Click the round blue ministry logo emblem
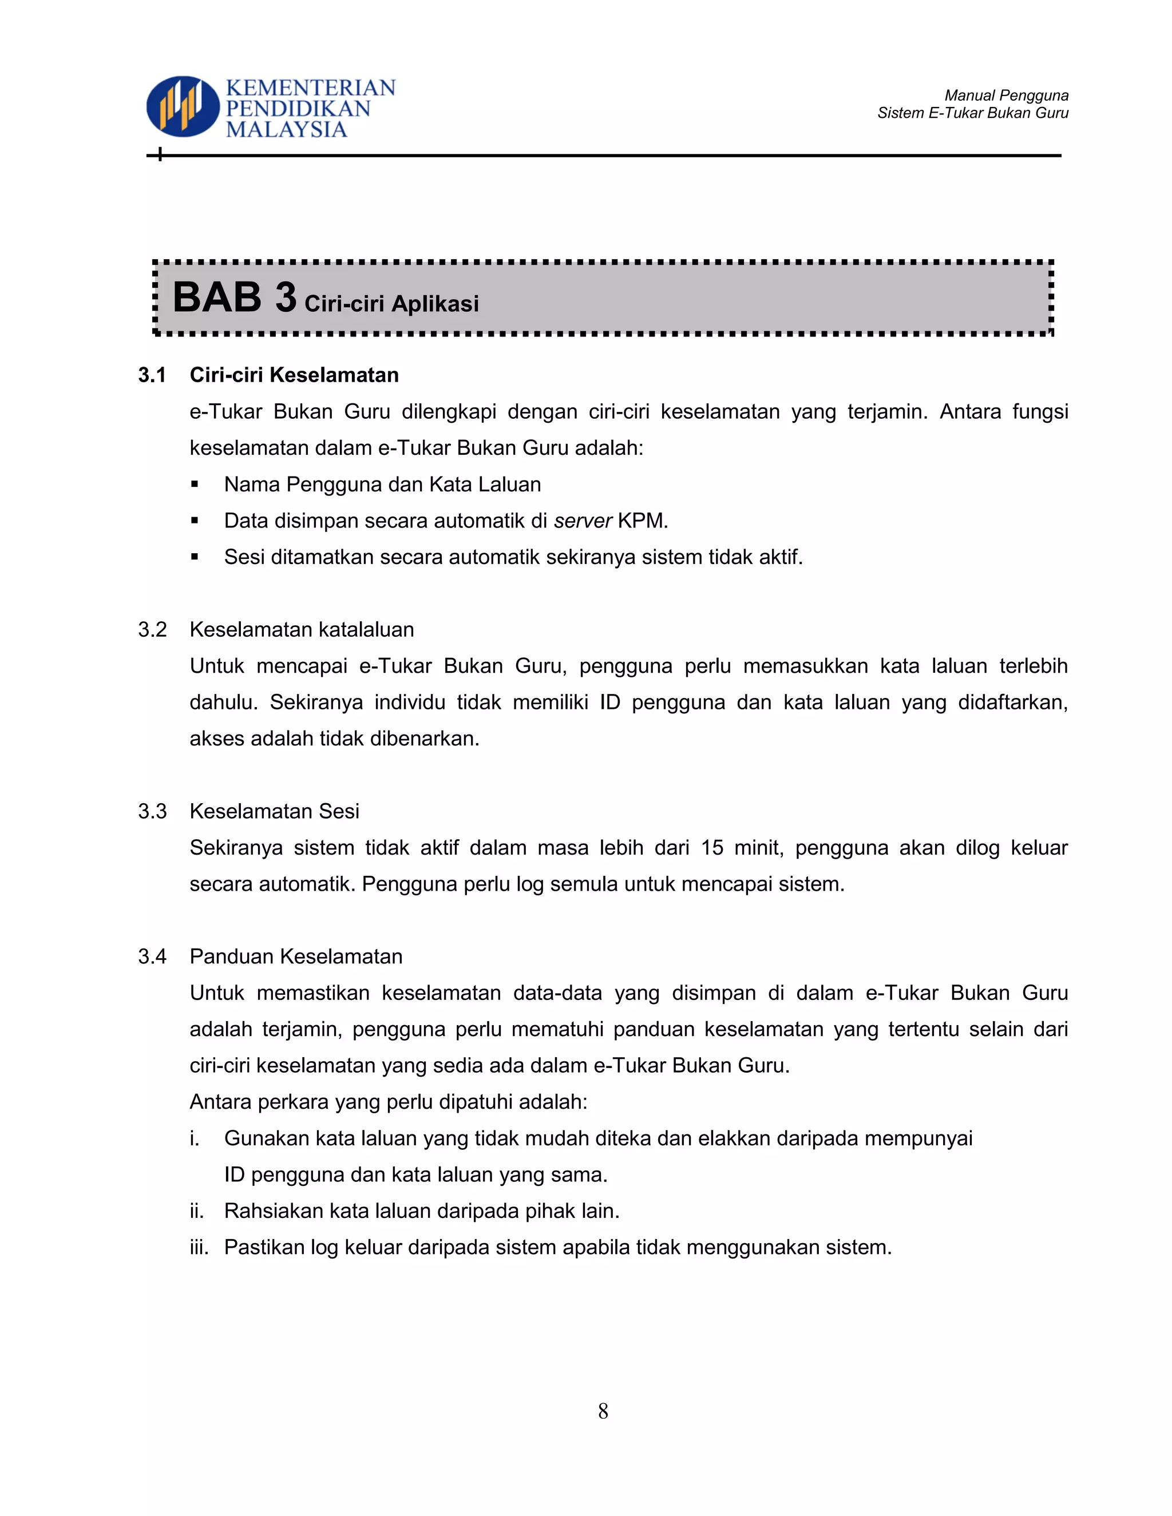point(182,106)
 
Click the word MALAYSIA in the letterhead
point(286,130)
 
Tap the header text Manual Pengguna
point(1006,95)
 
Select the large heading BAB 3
point(234,298)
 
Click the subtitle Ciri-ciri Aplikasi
point(391,303)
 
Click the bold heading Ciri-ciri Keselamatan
point(294,375)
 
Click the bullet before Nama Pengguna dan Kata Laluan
point(195,485)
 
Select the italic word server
point(583,521)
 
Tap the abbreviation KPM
point(642,521)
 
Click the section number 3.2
point(152,630)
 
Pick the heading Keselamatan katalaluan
point(302,630)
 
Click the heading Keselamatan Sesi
point(274,811)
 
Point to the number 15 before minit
point(712,848)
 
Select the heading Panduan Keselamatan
point(296,957)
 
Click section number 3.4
point(152,957)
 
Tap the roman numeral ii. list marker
point(196,1211)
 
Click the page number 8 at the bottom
point(603,1411)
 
